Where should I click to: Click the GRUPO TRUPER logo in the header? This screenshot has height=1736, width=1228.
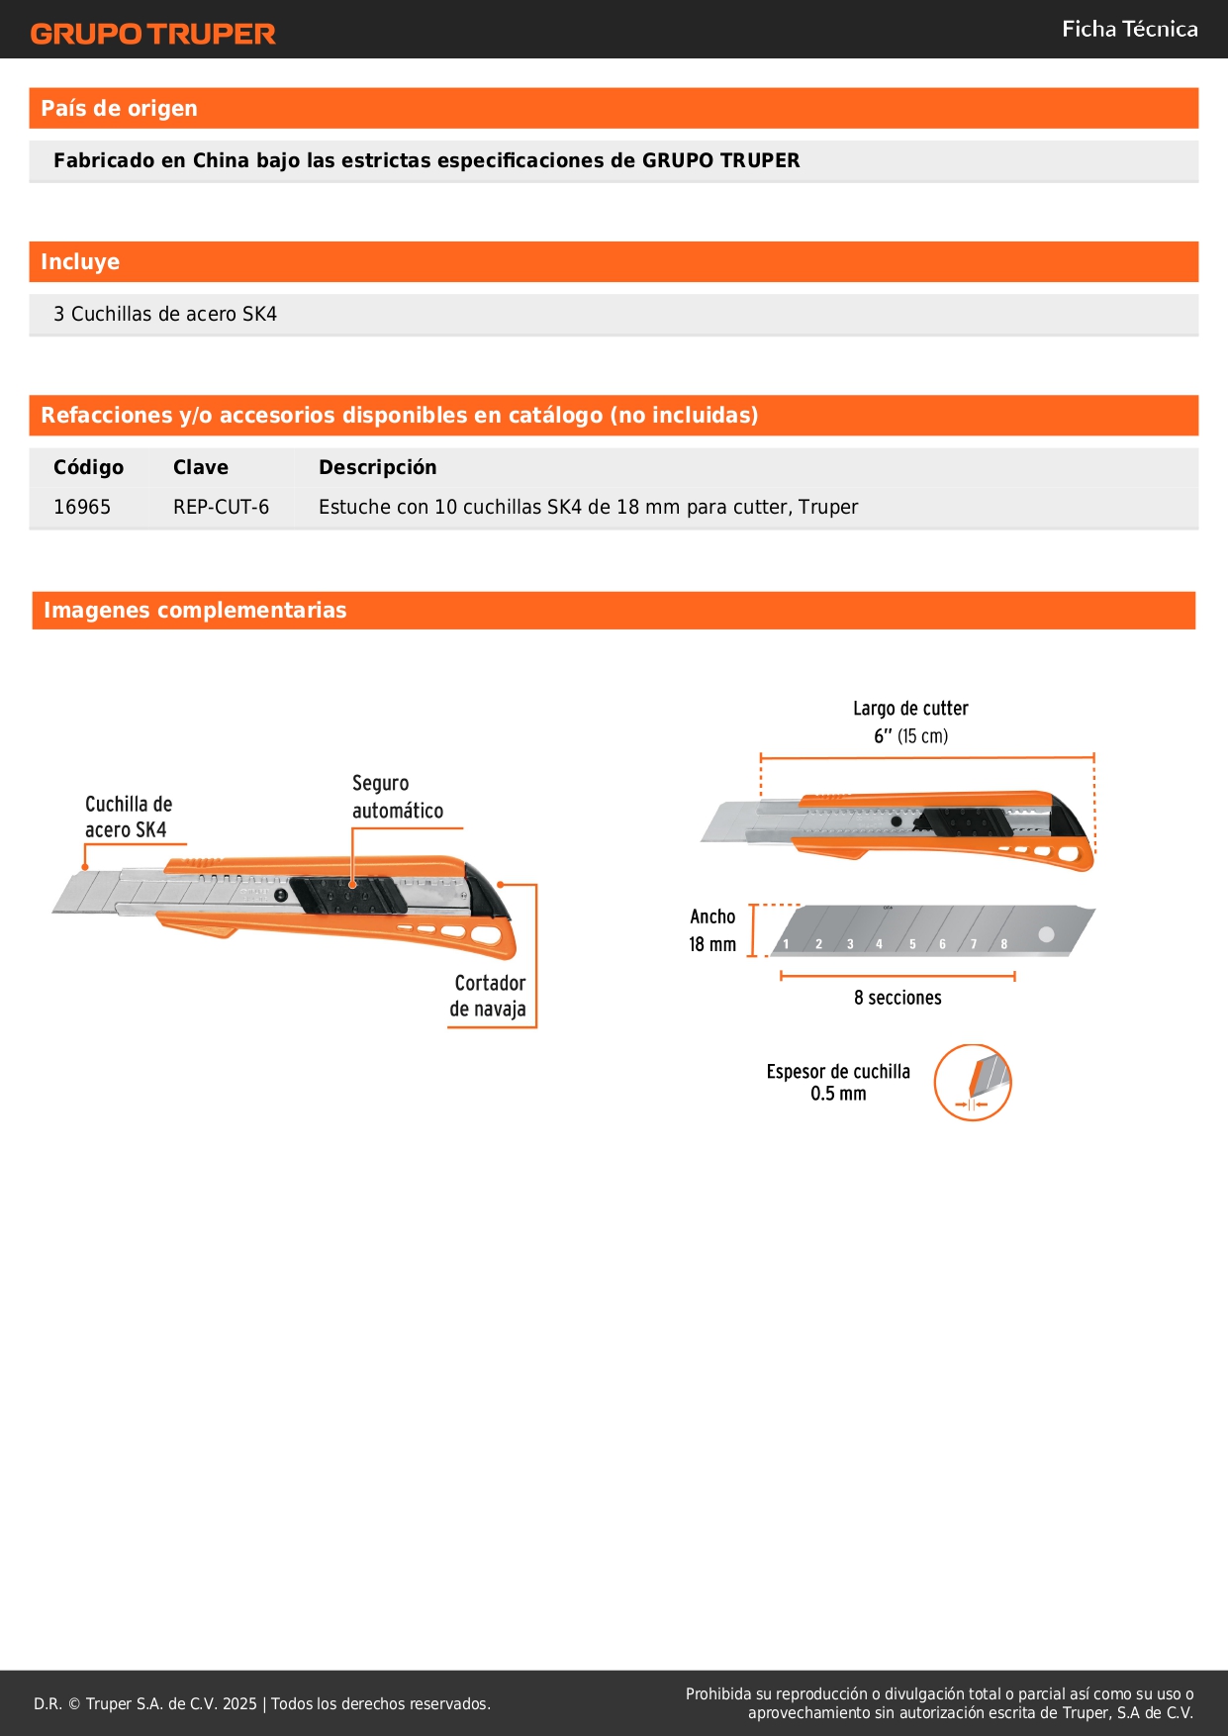152,34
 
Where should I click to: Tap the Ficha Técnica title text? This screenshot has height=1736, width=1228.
1129,29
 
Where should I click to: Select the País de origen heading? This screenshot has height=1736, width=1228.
119,109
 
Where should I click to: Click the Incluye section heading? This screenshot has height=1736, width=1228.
80,262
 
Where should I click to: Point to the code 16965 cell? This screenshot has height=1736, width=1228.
82,507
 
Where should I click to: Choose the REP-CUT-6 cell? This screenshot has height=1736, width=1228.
221,507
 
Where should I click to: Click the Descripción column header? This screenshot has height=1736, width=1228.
377,467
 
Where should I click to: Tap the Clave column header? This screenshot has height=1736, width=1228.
201,467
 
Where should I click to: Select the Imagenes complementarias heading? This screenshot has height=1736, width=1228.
195,611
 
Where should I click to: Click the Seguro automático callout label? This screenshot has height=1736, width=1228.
397,797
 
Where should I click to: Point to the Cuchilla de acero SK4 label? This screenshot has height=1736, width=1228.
128,817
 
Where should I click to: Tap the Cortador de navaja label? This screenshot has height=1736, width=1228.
489,996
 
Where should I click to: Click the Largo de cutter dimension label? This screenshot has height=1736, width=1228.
910,722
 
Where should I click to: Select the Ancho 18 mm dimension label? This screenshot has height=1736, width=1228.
712,930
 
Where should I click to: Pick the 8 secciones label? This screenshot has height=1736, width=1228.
897,998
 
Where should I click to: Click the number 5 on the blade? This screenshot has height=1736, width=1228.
912,944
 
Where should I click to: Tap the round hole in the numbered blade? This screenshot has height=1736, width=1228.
1046,934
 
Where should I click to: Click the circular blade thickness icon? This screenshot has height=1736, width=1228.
973,1083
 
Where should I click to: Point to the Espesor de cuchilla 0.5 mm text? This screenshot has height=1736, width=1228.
838,1082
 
